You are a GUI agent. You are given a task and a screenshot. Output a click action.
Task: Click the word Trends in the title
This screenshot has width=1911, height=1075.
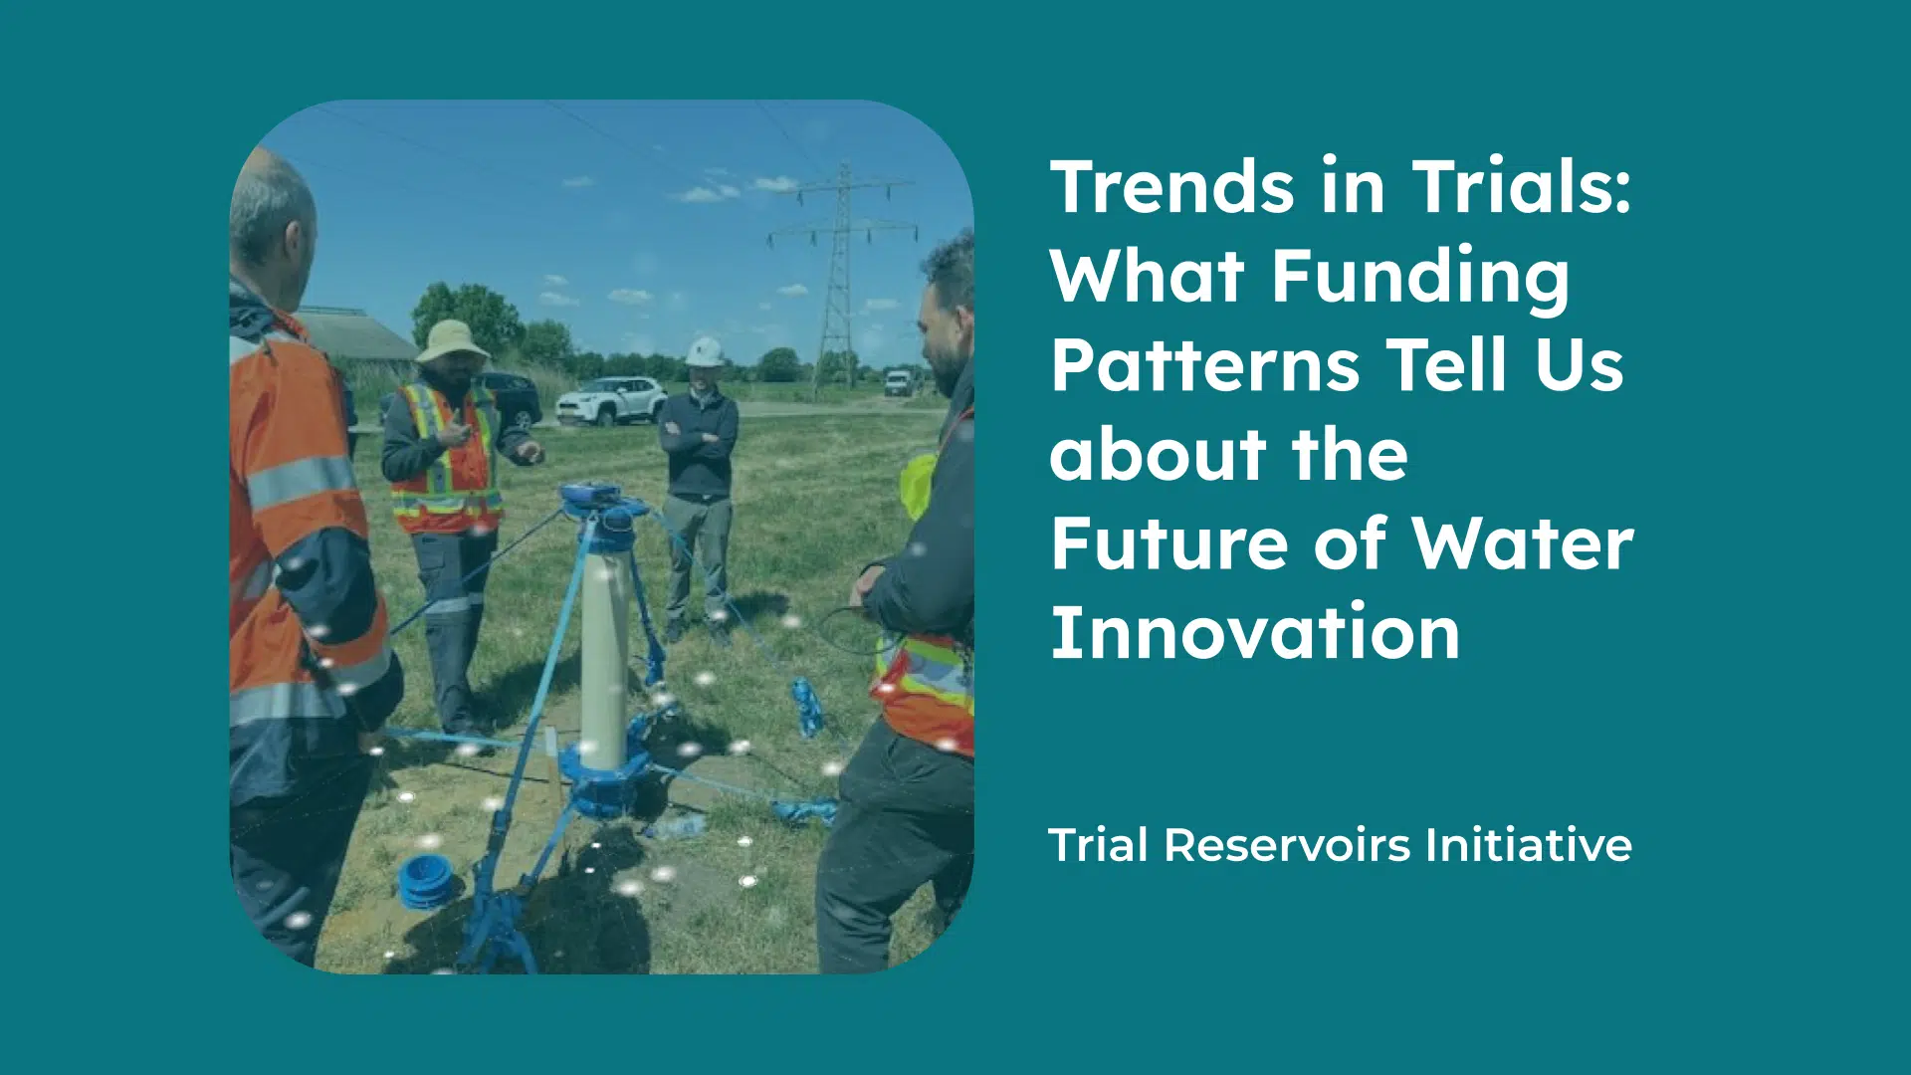[1172, 186]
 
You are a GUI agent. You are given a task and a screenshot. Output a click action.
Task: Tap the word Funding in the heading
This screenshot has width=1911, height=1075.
[1420, 276]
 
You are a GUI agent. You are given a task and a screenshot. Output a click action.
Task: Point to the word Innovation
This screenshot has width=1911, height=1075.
[1255, 632]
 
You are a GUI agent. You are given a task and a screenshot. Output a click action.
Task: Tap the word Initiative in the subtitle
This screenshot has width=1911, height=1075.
[1528, 845]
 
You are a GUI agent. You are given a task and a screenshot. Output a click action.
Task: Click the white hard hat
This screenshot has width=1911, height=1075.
[705, 352]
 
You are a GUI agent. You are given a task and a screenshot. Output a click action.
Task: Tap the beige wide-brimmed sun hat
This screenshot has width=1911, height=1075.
[451, 340]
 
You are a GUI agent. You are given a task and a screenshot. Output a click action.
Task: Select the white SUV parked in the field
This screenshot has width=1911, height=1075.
[611, 400]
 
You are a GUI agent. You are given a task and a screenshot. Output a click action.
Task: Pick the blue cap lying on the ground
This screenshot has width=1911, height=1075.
[426, 881]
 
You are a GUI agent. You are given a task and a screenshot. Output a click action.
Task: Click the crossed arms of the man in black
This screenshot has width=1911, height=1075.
[698, 436]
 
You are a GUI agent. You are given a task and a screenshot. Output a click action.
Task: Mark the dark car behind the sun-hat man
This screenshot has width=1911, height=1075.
[511, 399]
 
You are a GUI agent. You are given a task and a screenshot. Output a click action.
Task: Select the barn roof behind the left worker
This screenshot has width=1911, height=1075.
[357, 333]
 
